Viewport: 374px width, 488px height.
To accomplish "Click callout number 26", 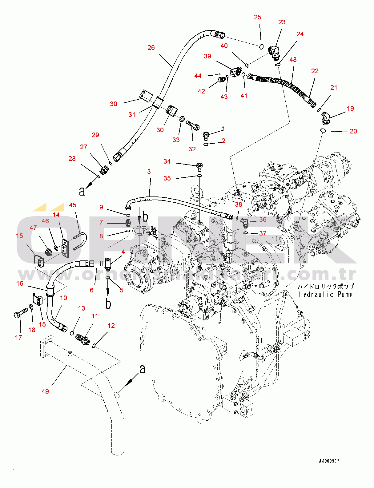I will (x=151, y=48).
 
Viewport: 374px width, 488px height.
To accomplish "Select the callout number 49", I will (x=45, y=391).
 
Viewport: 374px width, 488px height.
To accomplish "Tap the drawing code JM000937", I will (x=329, y=461).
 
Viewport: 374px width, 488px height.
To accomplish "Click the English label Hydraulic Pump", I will (x=326, y=295).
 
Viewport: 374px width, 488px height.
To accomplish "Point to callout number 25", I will (x=258, y=17).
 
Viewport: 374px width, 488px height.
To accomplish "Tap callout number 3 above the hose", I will (x=149, y=171).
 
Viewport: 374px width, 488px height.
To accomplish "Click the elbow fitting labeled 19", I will (x=325, y=118).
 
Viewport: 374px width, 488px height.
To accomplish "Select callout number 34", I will (x=167, y=161).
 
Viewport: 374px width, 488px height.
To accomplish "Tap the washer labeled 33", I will (x=182, y=119).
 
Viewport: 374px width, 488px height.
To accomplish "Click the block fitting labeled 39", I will (x=236, y=72).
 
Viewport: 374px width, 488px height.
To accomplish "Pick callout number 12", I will (x=111, y=325).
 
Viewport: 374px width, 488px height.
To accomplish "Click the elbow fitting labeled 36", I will (x=245, y=222).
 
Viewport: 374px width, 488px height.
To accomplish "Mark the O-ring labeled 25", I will (x=261, y=46).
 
